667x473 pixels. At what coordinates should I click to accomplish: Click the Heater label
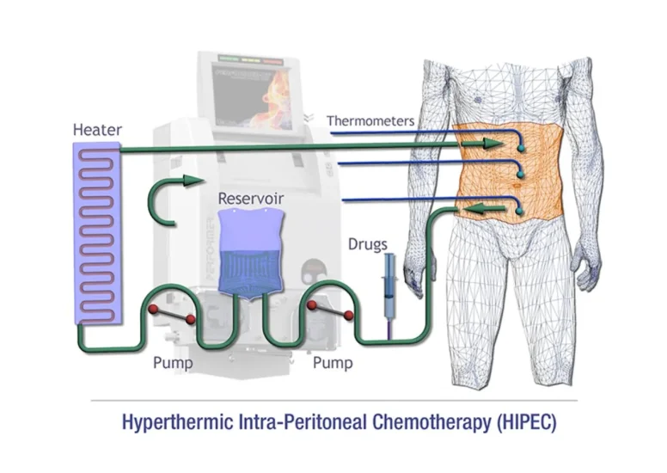(97, 129)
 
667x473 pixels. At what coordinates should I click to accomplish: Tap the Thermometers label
(370, 121)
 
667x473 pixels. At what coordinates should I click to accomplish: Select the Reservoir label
(250, 199)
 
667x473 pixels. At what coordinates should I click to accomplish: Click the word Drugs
(368, 244)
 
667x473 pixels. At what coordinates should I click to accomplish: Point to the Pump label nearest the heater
(173, 363)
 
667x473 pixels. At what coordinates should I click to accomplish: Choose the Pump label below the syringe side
(333, 363)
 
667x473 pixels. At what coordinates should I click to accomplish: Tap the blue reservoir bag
(250, 253)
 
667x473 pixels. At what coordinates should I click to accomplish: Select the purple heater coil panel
(97, 233)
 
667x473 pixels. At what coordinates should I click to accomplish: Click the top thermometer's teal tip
(520, 149)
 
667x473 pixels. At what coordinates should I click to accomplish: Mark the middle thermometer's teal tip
(520, 175)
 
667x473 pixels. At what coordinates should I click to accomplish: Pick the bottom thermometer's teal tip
(519, 212)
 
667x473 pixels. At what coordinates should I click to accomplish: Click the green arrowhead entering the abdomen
(493, 144)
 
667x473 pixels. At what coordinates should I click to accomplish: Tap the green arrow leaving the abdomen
(485, 209)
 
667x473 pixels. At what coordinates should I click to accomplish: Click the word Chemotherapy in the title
(431, 422)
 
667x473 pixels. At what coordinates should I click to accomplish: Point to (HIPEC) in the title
(527, 422)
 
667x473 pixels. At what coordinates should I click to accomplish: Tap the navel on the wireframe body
(517, 186)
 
